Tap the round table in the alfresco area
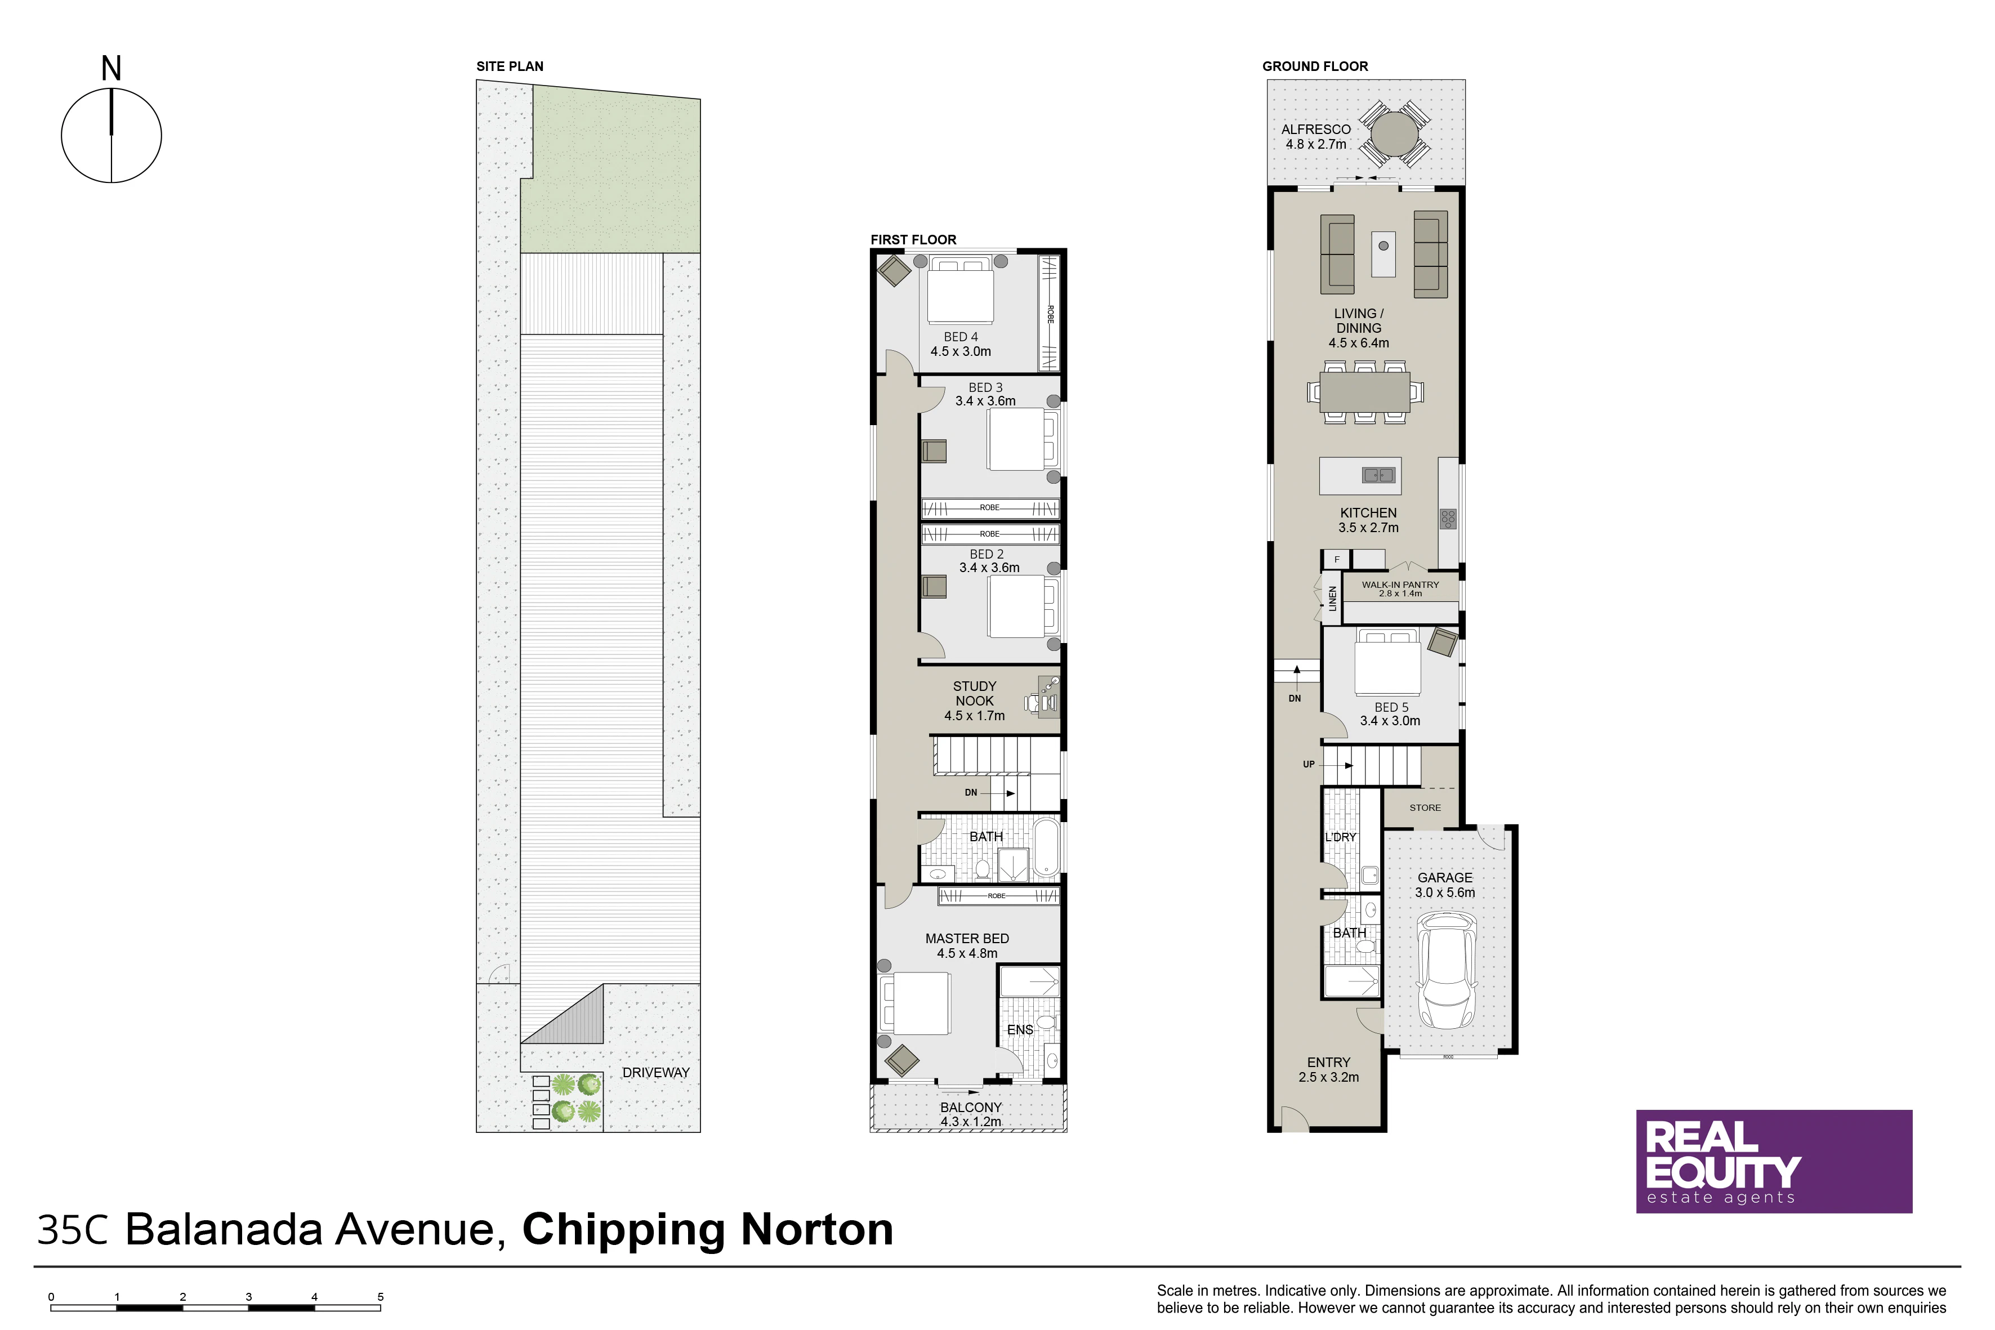(x=1394, y=134)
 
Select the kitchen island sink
(x=1378, y=475)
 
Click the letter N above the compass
(x=111, y=69)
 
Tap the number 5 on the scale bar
(x=380, y=1297)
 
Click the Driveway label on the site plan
(x=655, y=1072)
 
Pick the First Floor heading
(x=913, y=240)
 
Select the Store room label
(x=1425, y=807)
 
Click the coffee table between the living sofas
(x=1383, y=253)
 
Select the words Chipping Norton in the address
(x=707, y=1229)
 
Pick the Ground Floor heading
(x=1315, y=66)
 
